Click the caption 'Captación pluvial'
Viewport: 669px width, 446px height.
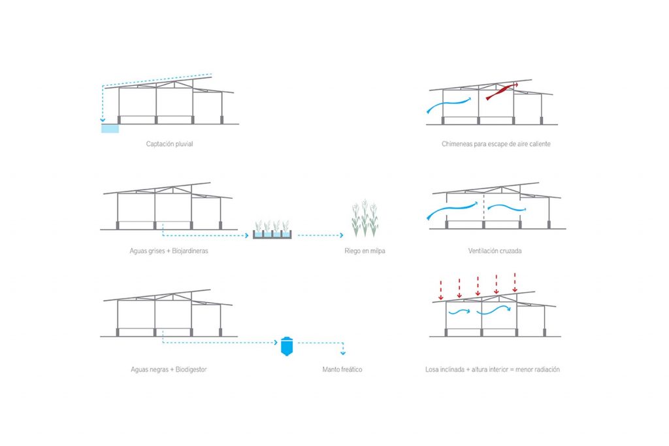tap(169, 144)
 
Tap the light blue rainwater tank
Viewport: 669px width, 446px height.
tap(110, 128)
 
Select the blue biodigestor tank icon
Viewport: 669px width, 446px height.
tap(287, 346)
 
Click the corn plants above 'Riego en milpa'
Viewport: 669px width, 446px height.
tap(365, 218)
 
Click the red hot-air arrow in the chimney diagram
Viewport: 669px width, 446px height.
tap(502, 91)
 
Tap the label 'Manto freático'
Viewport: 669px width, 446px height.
tap(342, 369)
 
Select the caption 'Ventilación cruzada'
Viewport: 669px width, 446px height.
tap(495, 250)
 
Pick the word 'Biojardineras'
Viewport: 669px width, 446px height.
tap(190, 250)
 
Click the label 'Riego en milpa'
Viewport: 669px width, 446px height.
tap(365, 250)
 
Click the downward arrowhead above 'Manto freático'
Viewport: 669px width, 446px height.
tap(343, 353)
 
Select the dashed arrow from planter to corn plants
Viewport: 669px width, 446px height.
tap(320, 235)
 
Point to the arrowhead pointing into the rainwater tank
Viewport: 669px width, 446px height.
tap(103, 120)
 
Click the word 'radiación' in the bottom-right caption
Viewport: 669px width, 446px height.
tap(547, 369)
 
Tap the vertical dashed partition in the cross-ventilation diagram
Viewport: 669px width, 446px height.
tap(484, 207)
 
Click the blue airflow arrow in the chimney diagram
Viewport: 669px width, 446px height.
tap(449, 105)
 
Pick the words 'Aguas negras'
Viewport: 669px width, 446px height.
tap(150, 369)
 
